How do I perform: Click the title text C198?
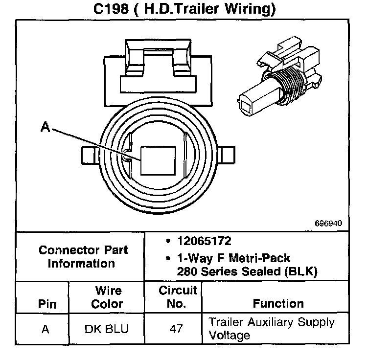tap(114, 9)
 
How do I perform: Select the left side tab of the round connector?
tap(89, 156)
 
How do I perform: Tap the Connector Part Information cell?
tap(83, 256)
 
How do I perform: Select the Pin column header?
tap(47, 303)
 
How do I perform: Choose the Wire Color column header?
tap(108, 297)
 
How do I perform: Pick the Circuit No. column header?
tap(178, 297)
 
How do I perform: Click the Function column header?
tap(278, 303)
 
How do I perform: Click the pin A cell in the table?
tap(46, 329)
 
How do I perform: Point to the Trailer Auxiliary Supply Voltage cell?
tap(272, 329)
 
